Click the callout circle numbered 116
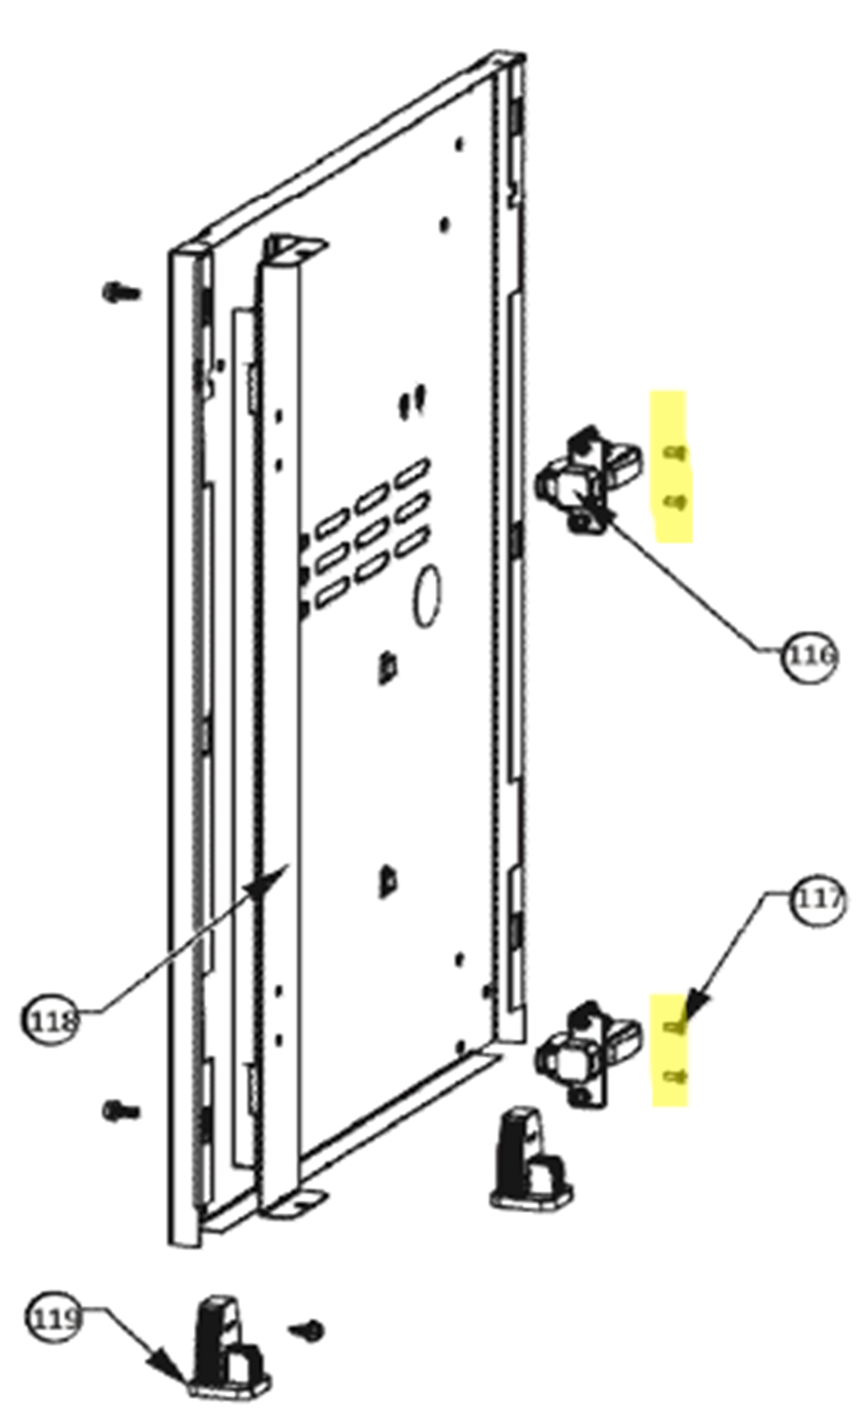809,655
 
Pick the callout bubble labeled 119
55,1317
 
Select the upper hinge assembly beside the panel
588,480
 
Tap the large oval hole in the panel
427,595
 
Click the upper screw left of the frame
121,292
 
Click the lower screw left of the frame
121,1110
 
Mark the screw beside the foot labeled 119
307,1325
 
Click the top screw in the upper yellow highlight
674,452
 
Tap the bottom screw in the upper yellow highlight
674,504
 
